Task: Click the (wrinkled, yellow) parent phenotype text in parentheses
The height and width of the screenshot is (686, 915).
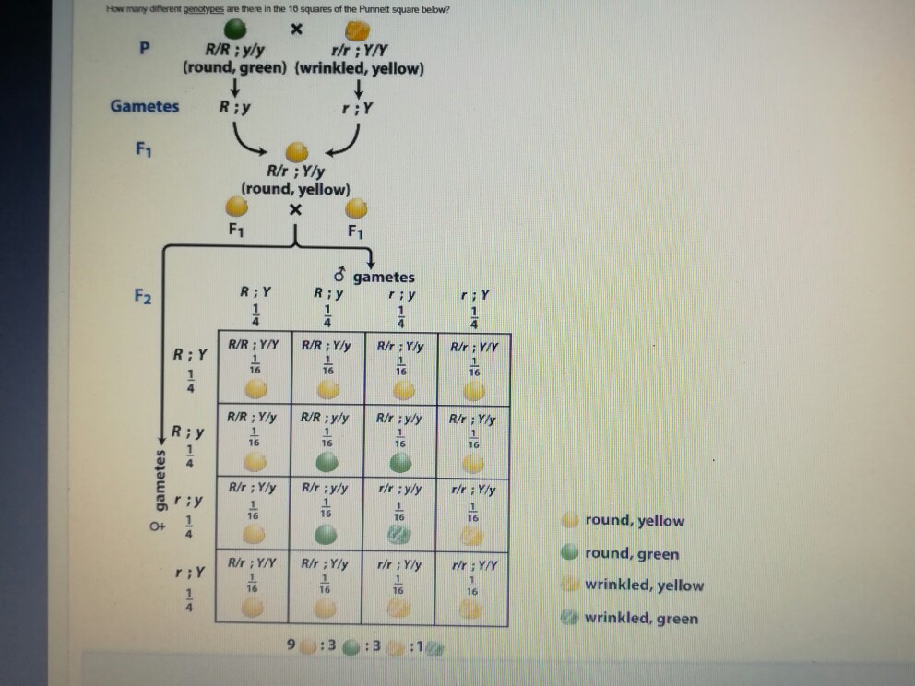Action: click(360, 69)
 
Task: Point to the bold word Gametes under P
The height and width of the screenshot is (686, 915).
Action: click(145, 106)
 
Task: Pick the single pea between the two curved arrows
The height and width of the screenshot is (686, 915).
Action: click(295, 150)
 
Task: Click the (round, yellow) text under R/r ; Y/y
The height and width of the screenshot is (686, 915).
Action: click(295, 189)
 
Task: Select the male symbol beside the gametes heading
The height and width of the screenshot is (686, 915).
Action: click(339, 276)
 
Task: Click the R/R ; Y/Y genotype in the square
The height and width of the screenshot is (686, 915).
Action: click(253, 347)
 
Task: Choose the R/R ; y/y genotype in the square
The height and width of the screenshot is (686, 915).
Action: click(325, 417)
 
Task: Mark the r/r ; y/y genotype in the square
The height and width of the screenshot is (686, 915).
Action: click(398, 490)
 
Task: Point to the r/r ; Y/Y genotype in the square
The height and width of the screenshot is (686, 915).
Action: click(473, 563)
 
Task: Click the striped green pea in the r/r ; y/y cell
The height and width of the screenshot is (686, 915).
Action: click(398, 535)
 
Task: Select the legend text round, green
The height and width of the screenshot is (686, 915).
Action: click(632, 554)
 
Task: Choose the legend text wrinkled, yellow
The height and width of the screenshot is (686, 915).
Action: click(644, 585)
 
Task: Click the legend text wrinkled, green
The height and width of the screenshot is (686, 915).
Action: click(641, 619)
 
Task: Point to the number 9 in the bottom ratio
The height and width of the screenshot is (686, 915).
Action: click(292, 644)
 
